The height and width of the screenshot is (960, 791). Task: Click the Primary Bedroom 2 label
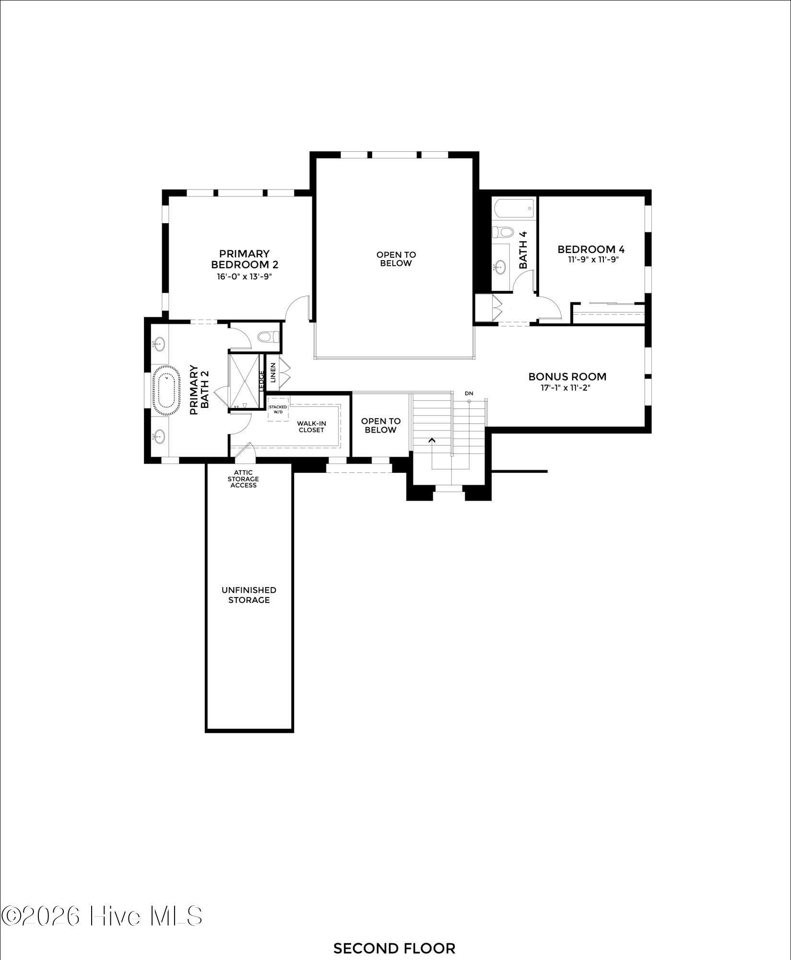coord(245,259)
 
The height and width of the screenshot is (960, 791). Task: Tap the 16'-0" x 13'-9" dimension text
coord(245,276)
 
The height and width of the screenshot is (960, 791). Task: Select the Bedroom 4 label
coord(591,249)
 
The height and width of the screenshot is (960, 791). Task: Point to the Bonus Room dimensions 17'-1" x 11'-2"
coord(567,388)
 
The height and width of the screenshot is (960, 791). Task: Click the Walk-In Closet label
coord(311,426)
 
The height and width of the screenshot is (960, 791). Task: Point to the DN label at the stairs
coord(469,394)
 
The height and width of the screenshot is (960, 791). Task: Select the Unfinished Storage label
coord(249,595)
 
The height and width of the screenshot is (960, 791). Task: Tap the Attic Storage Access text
coord(243,479)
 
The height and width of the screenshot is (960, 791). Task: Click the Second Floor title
coord(394,948)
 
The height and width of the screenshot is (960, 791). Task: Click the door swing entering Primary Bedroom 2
coord(297,307)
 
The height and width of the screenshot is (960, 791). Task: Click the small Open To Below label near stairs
coord(380,425)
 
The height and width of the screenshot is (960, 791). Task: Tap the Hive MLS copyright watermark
coord(102,916)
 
